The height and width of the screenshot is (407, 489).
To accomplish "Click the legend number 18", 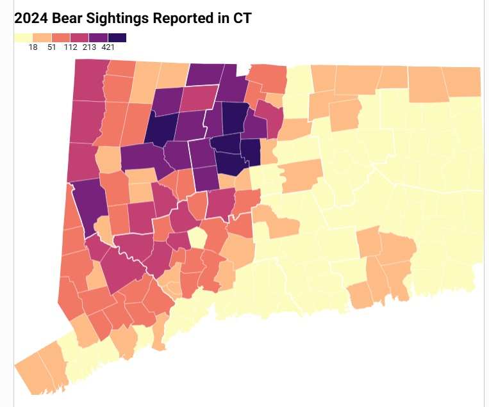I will (x=33, y=47).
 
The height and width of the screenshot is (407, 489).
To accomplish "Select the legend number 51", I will (x=51, y=47).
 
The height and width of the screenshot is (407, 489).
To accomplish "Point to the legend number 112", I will (x=70, y=47).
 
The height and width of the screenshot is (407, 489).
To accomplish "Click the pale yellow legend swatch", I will (x=23, y=38).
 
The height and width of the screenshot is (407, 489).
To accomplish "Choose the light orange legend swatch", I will (x=42, y=38).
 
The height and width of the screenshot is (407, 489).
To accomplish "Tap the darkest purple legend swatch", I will (x=117, y=38).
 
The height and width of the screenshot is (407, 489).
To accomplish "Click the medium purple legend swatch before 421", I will (x=99, y=38).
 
